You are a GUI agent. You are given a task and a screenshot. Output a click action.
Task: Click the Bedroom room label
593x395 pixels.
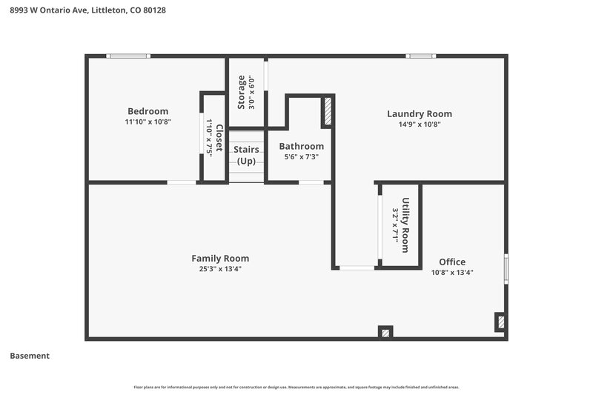(x=148, y=111)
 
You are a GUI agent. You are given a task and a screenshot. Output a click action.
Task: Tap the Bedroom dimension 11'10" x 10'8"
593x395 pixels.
(x=148, y=122)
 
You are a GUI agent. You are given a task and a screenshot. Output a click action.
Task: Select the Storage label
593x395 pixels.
(x=242, y=92)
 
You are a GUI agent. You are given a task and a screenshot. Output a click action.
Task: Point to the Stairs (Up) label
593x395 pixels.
(x=246, y=155)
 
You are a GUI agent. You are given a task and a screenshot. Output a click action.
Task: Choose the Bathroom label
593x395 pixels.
(x=301, y=146)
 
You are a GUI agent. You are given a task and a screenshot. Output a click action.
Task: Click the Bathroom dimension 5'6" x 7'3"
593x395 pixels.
(x=301, y=156)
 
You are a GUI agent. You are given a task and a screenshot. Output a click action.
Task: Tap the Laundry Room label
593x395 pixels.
(x=419, y=113)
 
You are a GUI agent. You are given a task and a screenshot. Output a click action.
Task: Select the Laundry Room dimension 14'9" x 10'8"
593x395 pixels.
(x=419, y=124)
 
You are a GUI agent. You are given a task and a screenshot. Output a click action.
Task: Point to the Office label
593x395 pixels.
(x=452, y=262)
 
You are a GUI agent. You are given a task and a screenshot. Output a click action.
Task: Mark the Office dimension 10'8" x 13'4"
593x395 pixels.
(x=452, y=272)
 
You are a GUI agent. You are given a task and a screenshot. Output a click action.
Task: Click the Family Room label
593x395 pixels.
(x=220, y=258)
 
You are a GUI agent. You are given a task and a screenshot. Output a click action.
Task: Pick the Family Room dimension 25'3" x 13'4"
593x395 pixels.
(x=220, y=268)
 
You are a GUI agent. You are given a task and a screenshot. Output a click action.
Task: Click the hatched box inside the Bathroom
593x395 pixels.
(x=327, y=112)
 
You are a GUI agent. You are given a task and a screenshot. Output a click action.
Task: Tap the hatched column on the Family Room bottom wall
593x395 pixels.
(x=385, y=332)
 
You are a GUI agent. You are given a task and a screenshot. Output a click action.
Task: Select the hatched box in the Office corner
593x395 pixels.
(x=500, y=322)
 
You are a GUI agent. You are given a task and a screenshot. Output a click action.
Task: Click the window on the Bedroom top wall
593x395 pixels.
(x=128, y=56)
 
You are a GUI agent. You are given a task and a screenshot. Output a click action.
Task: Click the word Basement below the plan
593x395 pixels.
(x=30, y=356)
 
